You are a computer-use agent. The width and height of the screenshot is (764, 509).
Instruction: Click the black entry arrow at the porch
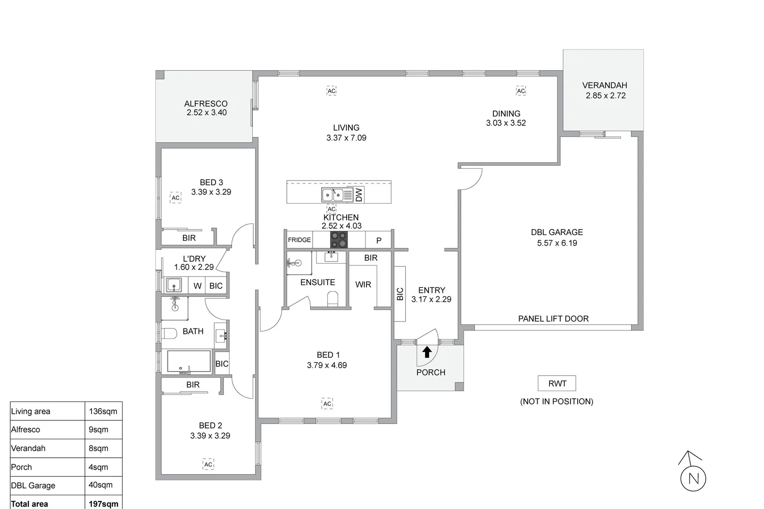(x=427, y=352)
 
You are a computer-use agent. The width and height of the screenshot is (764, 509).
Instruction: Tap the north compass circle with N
(x=693, y=479)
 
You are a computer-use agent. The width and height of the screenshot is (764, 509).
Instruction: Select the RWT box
(x=557, y=383)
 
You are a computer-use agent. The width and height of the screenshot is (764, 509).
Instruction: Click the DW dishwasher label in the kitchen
(x=359, y=194)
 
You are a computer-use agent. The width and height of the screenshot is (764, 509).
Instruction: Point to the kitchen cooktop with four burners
(x=339, y=240)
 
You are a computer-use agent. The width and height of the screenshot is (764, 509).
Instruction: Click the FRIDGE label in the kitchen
(x=299, y=240)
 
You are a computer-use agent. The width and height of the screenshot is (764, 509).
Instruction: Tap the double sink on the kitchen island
(x=332, y=195)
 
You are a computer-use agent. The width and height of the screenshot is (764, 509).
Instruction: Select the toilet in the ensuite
(x=333, y=299)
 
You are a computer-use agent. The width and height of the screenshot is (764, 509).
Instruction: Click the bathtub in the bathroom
(x=189, y=361)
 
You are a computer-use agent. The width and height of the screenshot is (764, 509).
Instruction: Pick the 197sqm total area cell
(x=103, y=503)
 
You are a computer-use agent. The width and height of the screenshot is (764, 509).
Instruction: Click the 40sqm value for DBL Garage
(x=100, y=484)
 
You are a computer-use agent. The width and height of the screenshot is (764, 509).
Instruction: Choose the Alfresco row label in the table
(x=26, y=429)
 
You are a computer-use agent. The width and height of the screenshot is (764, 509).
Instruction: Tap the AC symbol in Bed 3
(x=175, y=197)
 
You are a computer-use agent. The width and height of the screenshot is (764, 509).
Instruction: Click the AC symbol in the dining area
(x=521, y=90)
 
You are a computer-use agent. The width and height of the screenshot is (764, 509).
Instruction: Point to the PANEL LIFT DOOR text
(x=553, y=319)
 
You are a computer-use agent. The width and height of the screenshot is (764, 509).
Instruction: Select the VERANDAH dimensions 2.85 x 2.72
(x=606, y=95)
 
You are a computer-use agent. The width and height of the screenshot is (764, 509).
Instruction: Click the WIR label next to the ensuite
(x=363, y=284)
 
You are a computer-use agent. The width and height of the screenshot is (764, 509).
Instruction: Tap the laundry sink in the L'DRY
(x=174, y=285)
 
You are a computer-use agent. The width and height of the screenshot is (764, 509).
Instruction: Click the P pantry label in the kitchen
(x=379, y=240)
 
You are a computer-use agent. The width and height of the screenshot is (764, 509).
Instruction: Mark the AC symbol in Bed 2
(x=208, y=464)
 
